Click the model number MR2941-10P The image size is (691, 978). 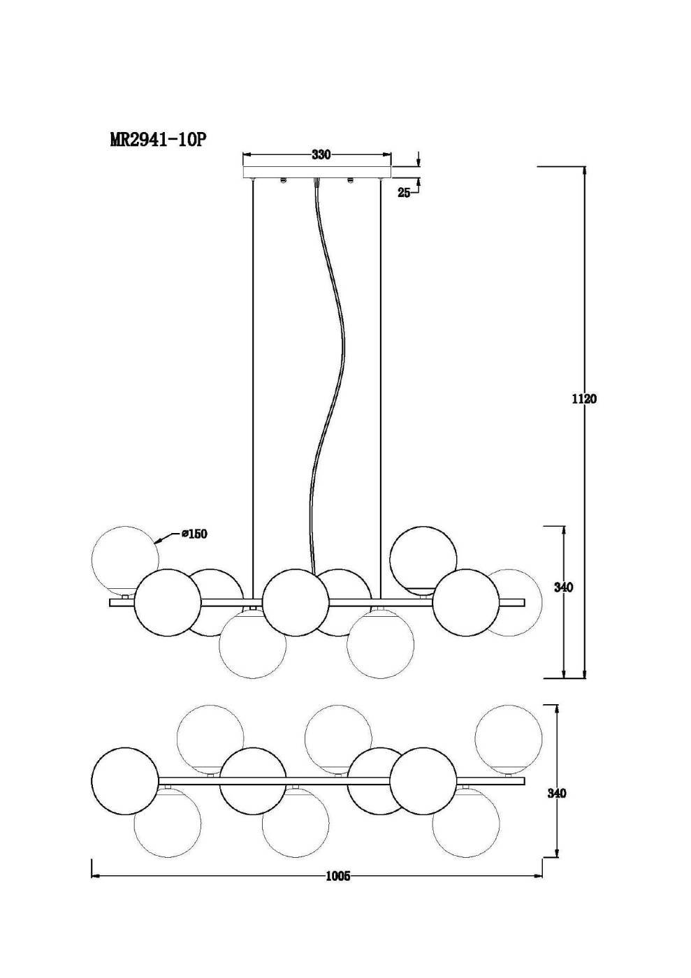157,140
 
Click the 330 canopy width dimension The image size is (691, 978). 321,154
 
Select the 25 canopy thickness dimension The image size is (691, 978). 404,193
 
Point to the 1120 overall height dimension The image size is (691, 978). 584,399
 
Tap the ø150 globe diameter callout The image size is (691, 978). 194,533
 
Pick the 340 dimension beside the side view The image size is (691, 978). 563,587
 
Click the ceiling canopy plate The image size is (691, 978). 317,172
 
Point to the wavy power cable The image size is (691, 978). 328,376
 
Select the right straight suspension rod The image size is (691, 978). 381,388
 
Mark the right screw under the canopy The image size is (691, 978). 350,180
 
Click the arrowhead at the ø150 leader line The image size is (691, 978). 159,542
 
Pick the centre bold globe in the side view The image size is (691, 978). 296,602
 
